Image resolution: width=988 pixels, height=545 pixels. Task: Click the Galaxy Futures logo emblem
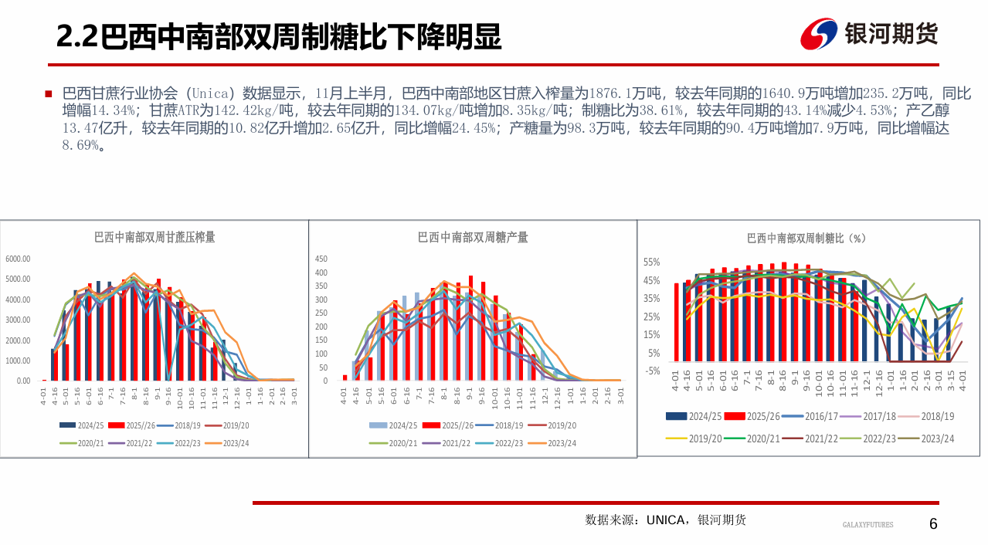click(820, 33)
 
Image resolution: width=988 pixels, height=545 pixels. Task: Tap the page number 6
click(933, 524)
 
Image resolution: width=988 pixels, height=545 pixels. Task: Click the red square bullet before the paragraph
click(49, 93)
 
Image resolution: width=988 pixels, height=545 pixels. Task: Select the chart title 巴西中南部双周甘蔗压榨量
click(154, 237)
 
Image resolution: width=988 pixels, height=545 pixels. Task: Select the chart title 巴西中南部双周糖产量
click(473, 237)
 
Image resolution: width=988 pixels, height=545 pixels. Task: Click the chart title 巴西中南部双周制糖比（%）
click(807, 239)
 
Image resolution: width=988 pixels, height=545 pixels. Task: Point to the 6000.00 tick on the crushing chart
click(18, 259)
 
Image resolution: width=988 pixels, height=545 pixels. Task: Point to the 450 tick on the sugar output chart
click(321, 259)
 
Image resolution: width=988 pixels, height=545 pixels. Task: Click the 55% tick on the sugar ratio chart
click(652, 262)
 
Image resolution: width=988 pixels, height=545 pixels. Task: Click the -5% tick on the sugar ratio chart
click(652, 371)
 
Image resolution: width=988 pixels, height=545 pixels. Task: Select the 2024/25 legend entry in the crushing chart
click(82, 425)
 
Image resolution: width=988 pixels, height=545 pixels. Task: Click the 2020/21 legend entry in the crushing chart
click(82, 443)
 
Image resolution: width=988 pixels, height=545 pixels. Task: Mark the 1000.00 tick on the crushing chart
click(18, 361)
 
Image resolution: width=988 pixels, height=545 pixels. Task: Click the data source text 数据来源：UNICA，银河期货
click(666, 520)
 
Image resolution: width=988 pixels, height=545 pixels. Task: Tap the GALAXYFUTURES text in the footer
click(867, 525)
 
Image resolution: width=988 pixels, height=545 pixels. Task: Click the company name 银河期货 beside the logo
click(891, 33)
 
